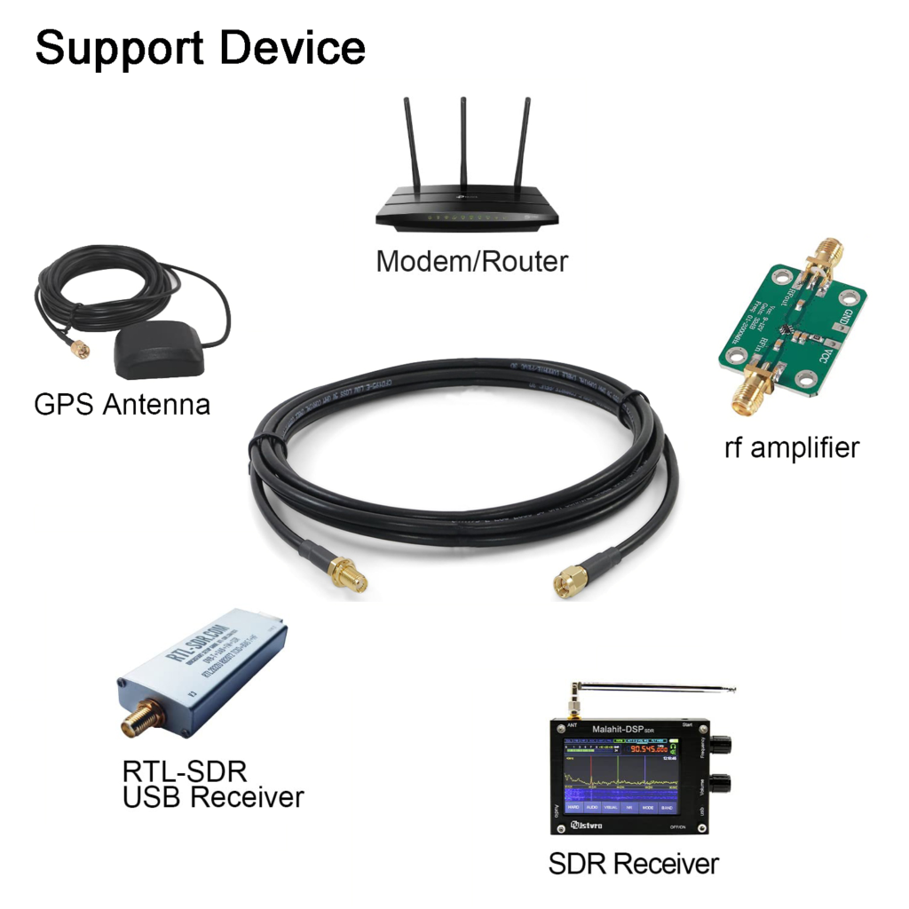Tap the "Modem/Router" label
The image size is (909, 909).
coord(471,261)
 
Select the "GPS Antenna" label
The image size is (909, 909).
coord(123,405)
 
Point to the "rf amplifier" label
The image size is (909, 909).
coord(792,447)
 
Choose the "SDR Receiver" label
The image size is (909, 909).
coord(634,863)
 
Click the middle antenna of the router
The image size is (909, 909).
coord(463,151)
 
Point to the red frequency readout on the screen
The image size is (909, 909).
coord(650,748)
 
